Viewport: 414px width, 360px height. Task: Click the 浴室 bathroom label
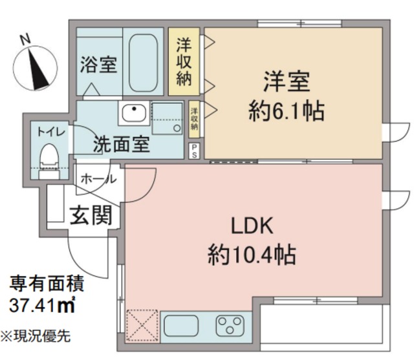pyautogui.click(x=99, y=65)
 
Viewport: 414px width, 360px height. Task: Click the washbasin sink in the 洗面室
pyautogui.click(x=134, y=114)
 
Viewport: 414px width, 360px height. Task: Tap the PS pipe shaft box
pyautogui.click(x=194, y=151)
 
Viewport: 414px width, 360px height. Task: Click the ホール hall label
pyautogui.click(x=98, y=179)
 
